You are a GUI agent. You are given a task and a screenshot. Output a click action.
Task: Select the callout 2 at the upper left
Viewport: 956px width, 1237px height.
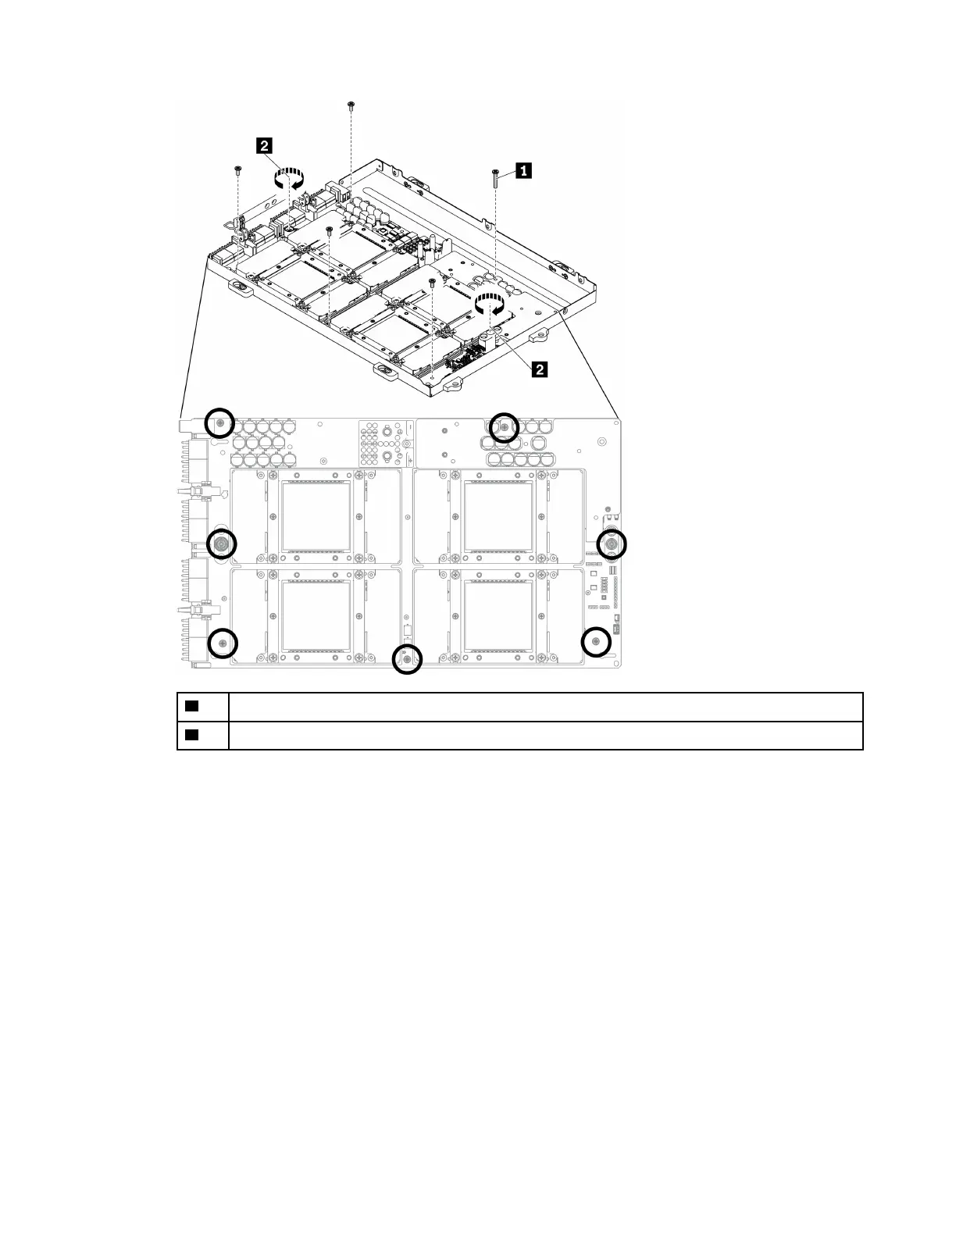point(266,145)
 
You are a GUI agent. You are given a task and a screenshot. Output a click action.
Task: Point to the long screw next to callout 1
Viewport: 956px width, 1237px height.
point(495,178)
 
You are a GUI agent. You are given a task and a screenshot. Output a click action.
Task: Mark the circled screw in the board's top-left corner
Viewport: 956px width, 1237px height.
point(220,422)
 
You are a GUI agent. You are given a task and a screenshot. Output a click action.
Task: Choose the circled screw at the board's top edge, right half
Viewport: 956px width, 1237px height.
point(504,427)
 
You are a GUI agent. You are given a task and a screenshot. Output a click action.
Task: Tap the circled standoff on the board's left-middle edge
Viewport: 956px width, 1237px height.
point(221,543)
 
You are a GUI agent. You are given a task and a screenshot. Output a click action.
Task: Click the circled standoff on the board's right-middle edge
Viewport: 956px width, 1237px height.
point(612,543)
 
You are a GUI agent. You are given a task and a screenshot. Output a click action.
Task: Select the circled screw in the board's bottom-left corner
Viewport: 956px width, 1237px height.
point(223,643)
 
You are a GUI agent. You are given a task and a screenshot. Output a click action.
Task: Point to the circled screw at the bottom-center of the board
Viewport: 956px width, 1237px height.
point(406,659)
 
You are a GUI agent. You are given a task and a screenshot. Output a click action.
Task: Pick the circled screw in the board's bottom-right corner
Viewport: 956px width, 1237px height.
point(596,642)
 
